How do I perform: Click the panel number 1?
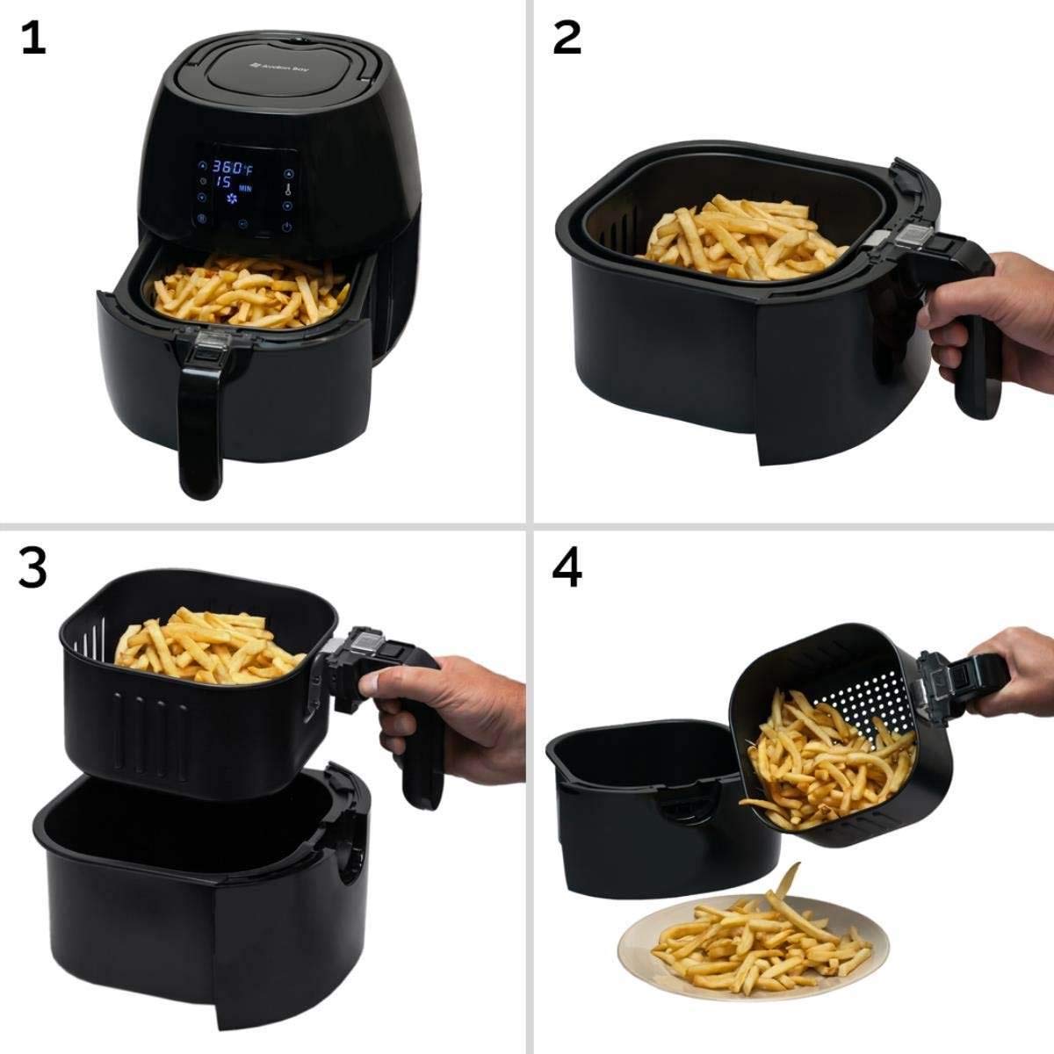tap(32, 39)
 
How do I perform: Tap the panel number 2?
tap(567, 39)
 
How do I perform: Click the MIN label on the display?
tap(248, 188)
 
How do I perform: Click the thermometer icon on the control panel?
tap(288, 187)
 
